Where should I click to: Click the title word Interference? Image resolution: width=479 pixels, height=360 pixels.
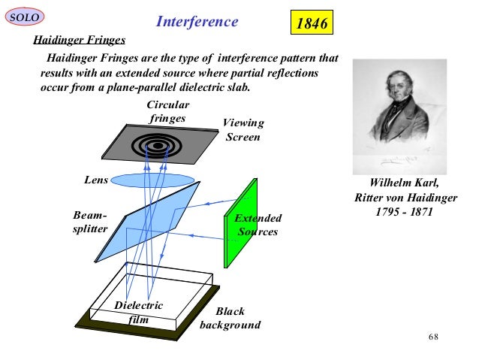197,22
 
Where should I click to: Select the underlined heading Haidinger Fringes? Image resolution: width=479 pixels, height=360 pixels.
77,39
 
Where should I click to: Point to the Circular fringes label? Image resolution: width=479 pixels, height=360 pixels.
167,112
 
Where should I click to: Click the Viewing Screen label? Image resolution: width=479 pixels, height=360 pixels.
243,129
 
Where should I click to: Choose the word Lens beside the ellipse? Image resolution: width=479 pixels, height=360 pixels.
95,180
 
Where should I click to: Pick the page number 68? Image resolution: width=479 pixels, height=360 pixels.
433,335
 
